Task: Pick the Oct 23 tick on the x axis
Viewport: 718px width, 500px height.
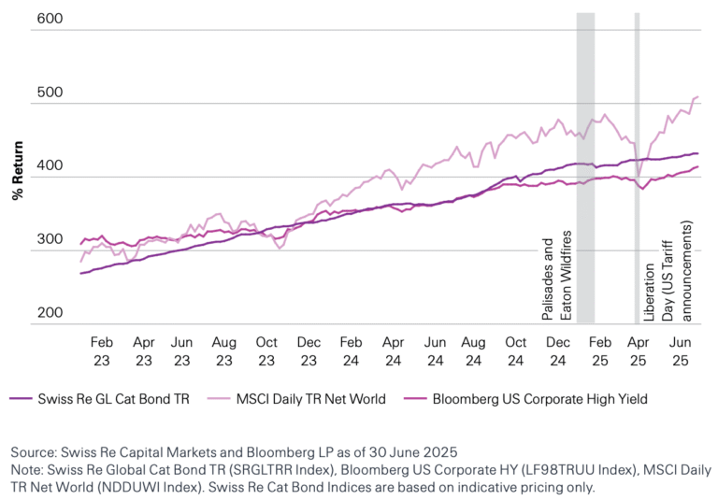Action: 267,350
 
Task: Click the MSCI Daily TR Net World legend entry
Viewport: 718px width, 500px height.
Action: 309,399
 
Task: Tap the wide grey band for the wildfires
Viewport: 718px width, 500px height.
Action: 585,168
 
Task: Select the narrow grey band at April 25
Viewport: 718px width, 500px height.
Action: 637,168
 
